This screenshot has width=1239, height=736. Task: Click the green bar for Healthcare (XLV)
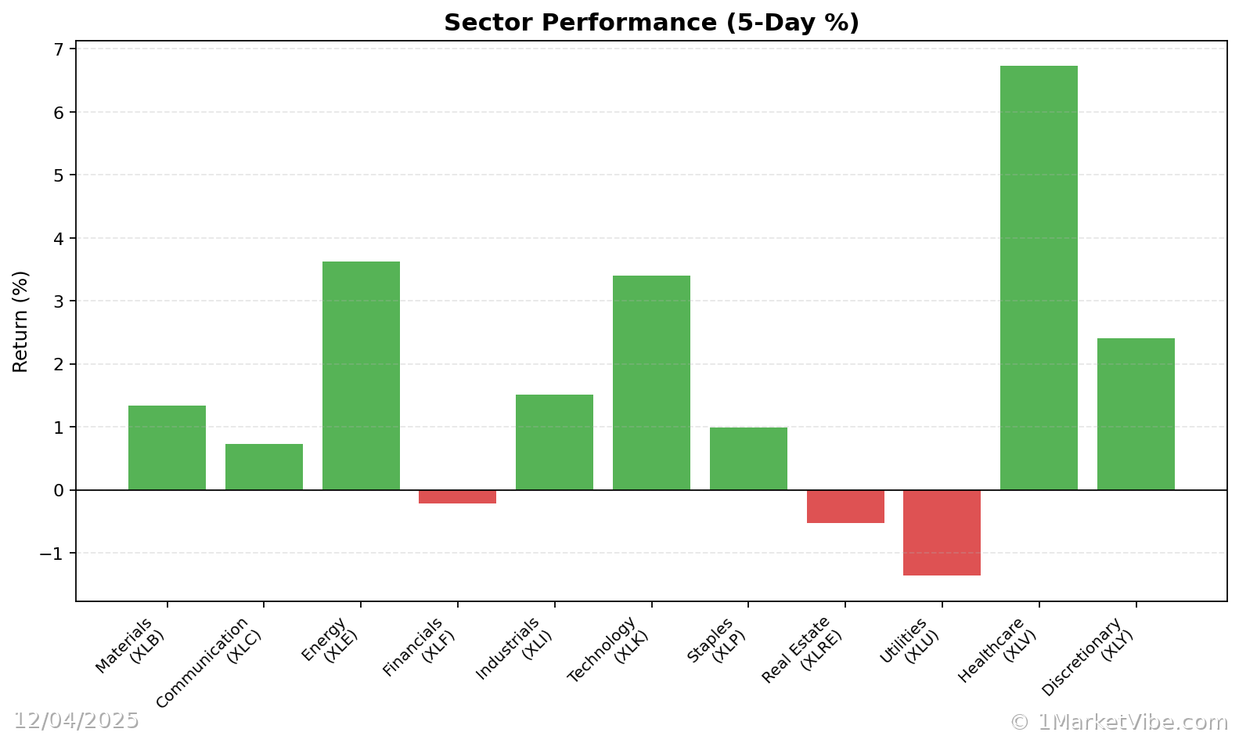pyautogui.click(x=1039, y=278)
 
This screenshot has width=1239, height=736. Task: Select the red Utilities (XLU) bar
pyautogui.click(x=942, y=532)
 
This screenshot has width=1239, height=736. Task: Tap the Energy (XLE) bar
pyautogui.click(x=361, y=376)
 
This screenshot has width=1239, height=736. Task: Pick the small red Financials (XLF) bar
pyautogui.click(x=457, y=496)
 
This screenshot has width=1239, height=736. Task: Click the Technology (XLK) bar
pyautogui.click(x=651, y=383)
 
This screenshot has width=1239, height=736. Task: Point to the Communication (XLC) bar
pyautogui.click(x=264, y=467)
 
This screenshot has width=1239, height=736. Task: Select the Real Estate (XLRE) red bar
pyautogui.click(x=845, y=507)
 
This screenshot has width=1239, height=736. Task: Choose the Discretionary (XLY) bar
pyautogui.click(x=1136, y=414)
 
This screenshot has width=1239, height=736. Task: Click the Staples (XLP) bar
pyautogui.click(x=748, y=459)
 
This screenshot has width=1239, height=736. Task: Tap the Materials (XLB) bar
pyautogui.click(x=167, y=448)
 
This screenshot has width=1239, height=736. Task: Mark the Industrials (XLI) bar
pyautogui.click(x=554, y=442)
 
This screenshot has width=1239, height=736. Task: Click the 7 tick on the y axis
pyautogui.click(x=59, y=49)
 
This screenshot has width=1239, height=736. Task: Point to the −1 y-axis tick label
pyautogui.click(x=52, y=554)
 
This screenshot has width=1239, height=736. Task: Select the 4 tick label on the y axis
pyautogui.click(x=59, y=238)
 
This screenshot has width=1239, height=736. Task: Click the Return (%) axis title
pyautogui.click(x=20, y=321)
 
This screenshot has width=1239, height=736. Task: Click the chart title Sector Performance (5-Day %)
pyautogui.click(x=651, y=23)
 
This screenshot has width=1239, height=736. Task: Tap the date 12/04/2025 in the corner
pyautogui.click(x=76, y=720)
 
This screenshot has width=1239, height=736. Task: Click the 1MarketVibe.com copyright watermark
pyautogui.click(x=1118, y=722)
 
